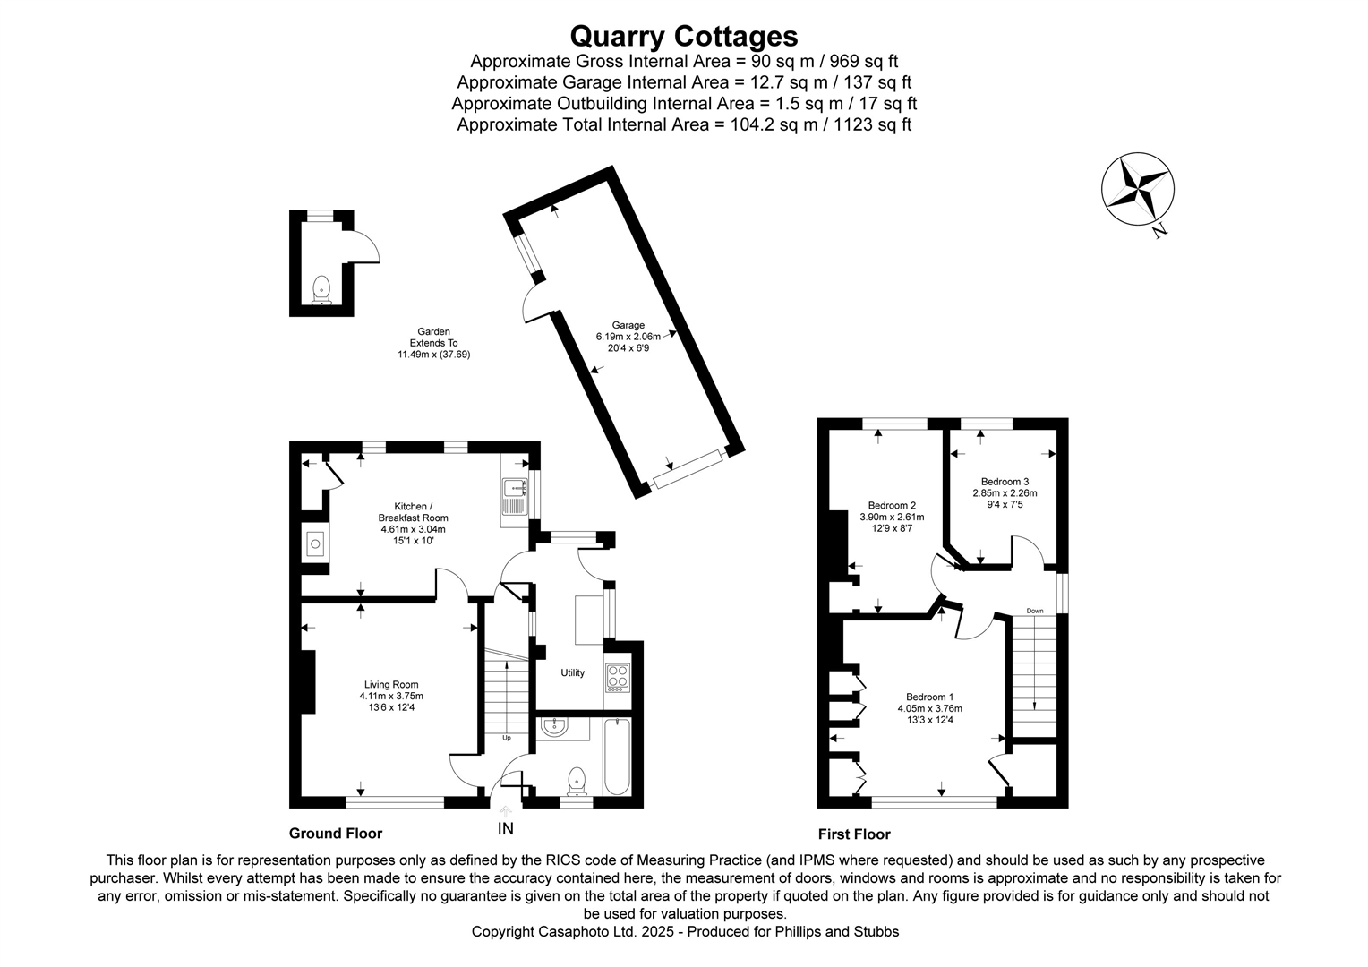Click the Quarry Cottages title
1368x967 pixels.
click(x=683, y=36)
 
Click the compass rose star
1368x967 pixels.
click(x=1137, y=188)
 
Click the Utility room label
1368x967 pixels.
click(x=572, y=673)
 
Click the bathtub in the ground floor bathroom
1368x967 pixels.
click(x=617, y=757)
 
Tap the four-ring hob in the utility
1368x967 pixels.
click(x=618, y=677)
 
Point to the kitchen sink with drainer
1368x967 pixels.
click(x=515, y=496)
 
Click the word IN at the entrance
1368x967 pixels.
click(x=506, y=829)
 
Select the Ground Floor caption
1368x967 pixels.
click(x=336, y=834)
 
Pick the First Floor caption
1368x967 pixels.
click(x=854, y=834)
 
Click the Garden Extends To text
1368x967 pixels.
click(x=434, y=343)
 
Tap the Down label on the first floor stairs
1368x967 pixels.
click(x=1035, y=611)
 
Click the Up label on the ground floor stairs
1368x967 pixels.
click(x=506, y=738)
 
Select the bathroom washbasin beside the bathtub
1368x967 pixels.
click(x=554, y=727)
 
